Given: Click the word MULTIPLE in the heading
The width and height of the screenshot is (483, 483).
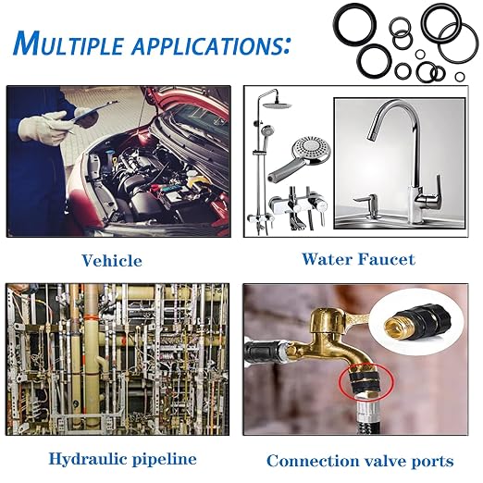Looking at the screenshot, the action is (x=68, y=43).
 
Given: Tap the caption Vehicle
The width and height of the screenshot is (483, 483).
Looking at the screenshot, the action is (x=112, y=261).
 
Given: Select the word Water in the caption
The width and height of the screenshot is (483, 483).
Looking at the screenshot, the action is (x=328, y=259).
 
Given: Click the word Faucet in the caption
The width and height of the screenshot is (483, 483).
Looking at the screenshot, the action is (x=388, y=259).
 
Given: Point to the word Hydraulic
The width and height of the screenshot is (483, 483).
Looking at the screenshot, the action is (x=88, y=460).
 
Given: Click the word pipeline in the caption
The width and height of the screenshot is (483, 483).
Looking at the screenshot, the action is (x=165, y=460).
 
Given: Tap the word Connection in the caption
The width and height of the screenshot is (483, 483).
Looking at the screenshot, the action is (x=313, y=461).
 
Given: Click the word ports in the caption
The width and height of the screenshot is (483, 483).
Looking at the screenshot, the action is (x=432, y=462).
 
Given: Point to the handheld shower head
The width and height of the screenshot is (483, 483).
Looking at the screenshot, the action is (x=298, y=159).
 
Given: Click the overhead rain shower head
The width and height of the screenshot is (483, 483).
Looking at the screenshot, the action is (x=277, y=105).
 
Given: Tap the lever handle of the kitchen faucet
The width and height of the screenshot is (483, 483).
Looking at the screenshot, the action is (x=434, y=189).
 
